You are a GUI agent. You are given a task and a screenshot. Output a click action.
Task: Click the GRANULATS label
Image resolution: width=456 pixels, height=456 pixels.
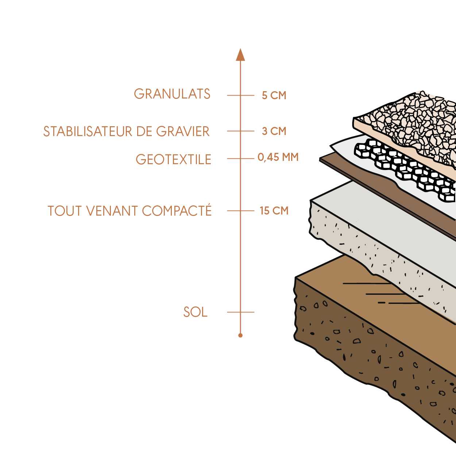point(172,94)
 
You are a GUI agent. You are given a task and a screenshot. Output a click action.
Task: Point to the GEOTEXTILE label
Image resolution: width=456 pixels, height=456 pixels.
point(173,159)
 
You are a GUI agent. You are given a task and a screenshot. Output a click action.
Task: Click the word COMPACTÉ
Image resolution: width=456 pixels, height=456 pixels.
point(177,211)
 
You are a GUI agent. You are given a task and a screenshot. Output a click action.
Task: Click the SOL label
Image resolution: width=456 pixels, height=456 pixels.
point(195,312)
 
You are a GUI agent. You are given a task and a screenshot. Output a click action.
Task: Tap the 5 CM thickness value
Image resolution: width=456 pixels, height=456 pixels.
point(274,96)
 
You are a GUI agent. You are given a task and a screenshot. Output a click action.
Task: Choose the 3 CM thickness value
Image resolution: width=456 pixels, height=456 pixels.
point(274,131)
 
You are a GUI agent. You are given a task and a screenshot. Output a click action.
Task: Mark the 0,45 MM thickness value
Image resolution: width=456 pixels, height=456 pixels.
point(278,158)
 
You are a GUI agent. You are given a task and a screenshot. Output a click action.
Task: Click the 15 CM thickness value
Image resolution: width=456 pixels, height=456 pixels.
point(274,211)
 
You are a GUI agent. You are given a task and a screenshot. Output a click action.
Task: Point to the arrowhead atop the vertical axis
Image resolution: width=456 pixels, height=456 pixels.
point(240,55)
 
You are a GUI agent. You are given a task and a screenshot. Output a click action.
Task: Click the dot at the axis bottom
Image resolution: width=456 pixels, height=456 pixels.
point(240,335)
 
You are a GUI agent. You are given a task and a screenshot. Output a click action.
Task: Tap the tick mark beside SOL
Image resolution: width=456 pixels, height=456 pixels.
point(240,312)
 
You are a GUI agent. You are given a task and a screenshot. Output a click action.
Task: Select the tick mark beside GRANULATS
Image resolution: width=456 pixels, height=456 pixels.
point(240,96)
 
